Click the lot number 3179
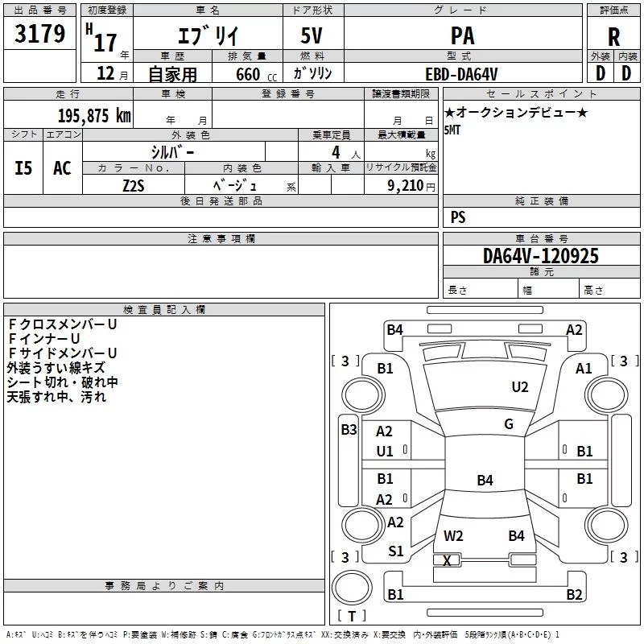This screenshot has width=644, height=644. click(39, 33)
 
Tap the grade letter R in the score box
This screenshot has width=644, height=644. click(613, 37)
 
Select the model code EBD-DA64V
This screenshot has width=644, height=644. click(461, 74)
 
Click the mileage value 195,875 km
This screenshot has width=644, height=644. click(94, 115)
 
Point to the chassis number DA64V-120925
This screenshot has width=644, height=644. click(540, 256)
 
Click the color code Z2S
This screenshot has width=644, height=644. click(134, 186)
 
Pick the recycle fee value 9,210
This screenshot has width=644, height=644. click(406, 186)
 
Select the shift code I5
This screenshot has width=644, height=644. click(23, 168)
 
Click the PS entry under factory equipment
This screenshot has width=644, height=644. click(458, 217)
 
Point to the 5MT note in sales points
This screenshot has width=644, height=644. click(452, 130)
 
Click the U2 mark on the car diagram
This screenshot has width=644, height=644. click(519, 387)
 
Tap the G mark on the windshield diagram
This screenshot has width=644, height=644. click(509, 424)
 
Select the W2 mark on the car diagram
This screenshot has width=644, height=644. click(453, 536)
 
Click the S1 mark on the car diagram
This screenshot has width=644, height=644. click(395, 551)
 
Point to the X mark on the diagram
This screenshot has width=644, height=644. click(447, 560)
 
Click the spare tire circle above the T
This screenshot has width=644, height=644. click(352, 588)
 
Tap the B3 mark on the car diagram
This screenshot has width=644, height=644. click(349, 430)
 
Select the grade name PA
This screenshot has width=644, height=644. click(462, 35)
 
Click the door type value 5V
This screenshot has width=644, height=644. click(312, 35)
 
